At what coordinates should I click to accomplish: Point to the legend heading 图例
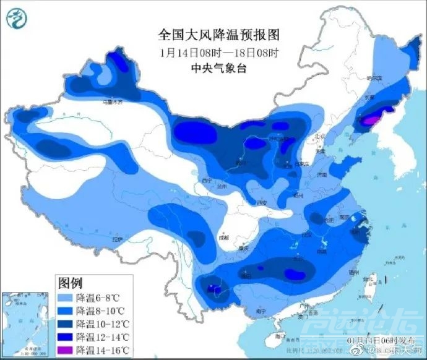70,283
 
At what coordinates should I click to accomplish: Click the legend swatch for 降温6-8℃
66,298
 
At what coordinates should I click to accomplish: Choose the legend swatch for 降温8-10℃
66,311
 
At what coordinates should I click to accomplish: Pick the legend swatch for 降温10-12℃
66,324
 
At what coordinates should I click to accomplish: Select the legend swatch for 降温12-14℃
66,337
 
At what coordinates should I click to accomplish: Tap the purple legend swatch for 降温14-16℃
66,350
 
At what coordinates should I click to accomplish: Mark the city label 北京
320,137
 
